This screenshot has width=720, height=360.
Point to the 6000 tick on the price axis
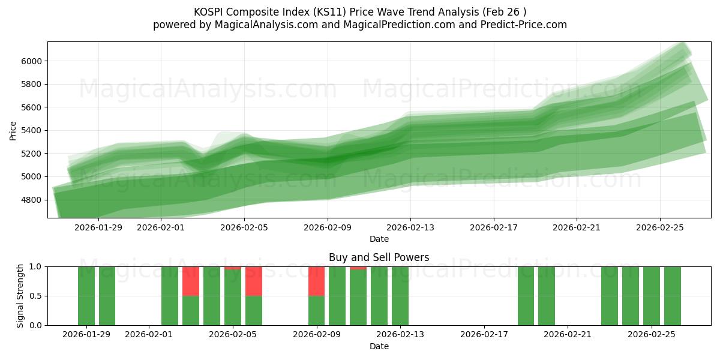click(x=31, y=61)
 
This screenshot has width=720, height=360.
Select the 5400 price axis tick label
click(x=31, y=131)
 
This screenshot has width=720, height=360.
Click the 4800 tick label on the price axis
click(x=31, y=200)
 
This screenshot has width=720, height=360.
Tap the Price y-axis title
click(x=13, y=130)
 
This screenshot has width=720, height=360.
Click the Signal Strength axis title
click(x=20, y=296)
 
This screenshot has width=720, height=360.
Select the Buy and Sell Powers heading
click(x=379, y=257)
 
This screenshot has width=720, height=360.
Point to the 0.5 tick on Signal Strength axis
click(x=35, y=296)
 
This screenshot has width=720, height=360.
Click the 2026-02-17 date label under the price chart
click(x=493, y=227)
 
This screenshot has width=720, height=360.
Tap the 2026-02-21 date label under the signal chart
click(x=567, y=335)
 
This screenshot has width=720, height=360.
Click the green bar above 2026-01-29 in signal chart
click(x=86, y=296)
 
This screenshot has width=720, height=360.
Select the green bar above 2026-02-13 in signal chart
click(x=400, y=296)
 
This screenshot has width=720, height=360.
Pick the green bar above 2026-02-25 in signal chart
click(x=652, y=296)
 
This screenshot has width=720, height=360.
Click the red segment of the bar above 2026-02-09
click(x=316, y=281)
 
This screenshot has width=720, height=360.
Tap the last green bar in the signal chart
click(x=673, y=296)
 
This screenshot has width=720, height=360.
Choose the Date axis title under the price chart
click(x=379, y=239)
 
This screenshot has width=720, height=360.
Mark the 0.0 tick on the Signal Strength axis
click(x=35, y=325)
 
